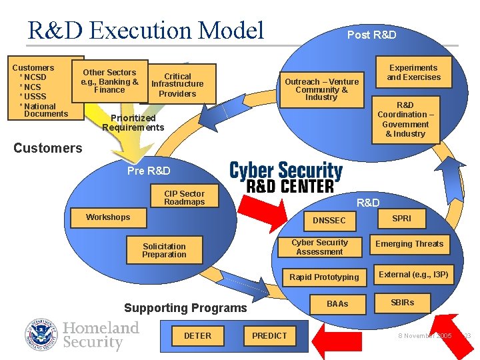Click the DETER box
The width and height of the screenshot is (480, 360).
tap(197, 335)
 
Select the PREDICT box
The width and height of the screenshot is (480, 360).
tap(269, 335)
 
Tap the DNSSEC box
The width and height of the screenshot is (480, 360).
tap(329, 220)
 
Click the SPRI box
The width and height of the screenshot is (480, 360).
tap(401, 219)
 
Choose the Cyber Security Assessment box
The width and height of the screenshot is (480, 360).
tap(319, 247)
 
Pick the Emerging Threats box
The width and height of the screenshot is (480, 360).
tap(409, 244)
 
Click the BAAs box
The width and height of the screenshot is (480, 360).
tap(337, 304)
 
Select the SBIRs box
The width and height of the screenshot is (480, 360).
tap(402, 303)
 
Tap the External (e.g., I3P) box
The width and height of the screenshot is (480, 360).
tap(413, 274)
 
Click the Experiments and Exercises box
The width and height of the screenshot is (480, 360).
tap(413, 73)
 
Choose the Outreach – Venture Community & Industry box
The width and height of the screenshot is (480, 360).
tap(321, 89)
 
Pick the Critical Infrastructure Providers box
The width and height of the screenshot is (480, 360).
tap(177, 85)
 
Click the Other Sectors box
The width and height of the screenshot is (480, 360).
tap(109, 81)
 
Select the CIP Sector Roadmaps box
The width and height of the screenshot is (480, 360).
tap(184, 198)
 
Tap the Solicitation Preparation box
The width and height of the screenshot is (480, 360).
tap(164, 251)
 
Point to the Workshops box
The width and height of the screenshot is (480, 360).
tap(108, 217)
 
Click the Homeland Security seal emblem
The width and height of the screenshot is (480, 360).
tap(42, 335)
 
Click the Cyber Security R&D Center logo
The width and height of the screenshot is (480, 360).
tap(285, 176)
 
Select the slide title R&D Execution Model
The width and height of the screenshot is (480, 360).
tap(146, 30)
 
